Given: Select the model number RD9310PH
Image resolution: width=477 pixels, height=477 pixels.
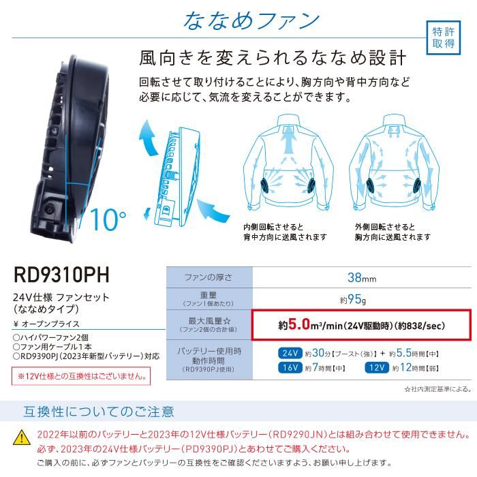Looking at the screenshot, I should click(x=61, y=275).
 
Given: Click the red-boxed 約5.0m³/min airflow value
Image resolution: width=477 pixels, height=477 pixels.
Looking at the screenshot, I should click(x=359, y=325).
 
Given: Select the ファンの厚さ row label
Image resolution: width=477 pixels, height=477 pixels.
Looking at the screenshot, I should click(x=209, y=277).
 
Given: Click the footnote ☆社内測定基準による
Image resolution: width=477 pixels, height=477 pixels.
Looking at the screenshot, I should click(x=437, y=389).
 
